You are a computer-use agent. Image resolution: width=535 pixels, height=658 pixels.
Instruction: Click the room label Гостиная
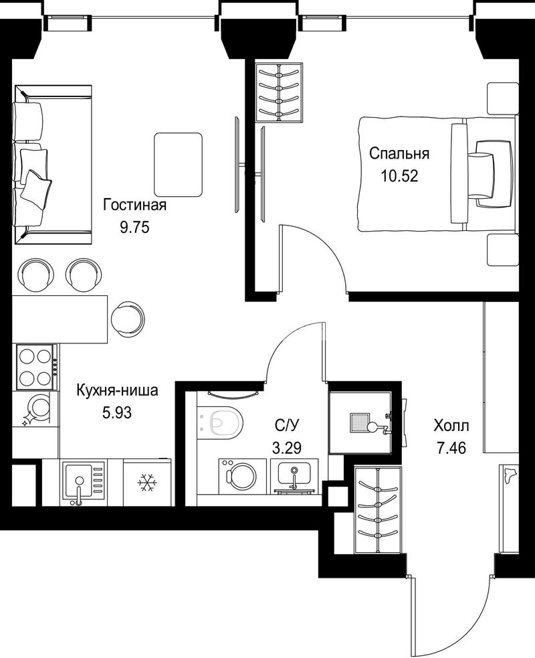coord(134,205)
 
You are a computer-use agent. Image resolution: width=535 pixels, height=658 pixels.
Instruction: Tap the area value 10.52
coord(399,176)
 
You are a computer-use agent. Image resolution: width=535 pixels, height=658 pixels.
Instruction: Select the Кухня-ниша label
coord(117,391)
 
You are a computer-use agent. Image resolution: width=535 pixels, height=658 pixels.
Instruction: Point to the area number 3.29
coord(287,448)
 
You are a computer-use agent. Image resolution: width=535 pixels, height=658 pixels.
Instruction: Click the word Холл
coord(451,426)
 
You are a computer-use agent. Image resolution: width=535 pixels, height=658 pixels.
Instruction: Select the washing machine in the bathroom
coord(242,476)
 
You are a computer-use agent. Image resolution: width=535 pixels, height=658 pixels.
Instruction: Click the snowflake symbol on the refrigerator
coord(147,483)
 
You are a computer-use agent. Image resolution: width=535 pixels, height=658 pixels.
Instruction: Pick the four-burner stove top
coord(37,367)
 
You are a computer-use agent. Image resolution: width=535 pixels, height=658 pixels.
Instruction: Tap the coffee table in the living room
coord(178,165)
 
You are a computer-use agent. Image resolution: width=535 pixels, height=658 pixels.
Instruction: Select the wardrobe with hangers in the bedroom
coord(279,92)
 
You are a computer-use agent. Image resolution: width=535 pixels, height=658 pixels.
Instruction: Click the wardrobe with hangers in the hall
coord(379,509)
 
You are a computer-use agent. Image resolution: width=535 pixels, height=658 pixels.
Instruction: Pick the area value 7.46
coord(451,448)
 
